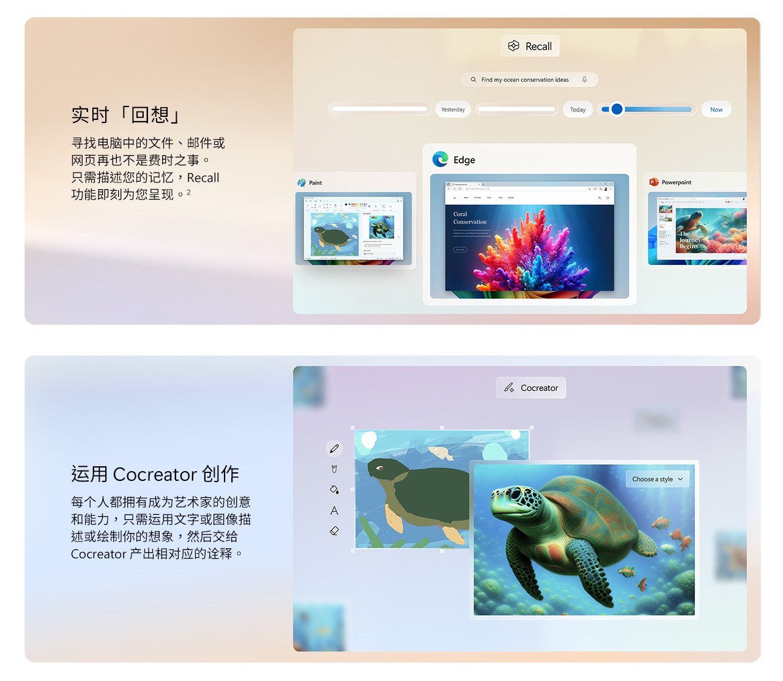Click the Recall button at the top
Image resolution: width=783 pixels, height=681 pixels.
pyautogui.click(x=530, y=46)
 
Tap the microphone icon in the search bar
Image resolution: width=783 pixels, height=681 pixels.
pyautogui.click(x=584, y=80)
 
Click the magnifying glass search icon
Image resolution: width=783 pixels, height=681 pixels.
pyautogui.click(x=473, y=80)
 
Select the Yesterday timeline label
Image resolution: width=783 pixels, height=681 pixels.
pyautogui.click(x=453, y=110)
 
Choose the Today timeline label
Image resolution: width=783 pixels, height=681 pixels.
pyautogui.click(x=577, y=110)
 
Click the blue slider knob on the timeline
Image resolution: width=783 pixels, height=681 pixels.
pyautogui.click(x=617, y=110)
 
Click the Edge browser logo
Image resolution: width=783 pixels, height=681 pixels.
pyautogui.click(x=440, y=160)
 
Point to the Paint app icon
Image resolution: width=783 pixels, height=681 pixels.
pyautogui.click(x=302, y=182)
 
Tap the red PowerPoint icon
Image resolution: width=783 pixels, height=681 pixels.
pyautogui.click(x=653, y=182)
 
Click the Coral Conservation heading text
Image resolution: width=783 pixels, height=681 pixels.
pyautogui.click(x=470, y=218)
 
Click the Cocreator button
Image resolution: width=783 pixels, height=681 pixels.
pyautogui.click(x=531, y=388)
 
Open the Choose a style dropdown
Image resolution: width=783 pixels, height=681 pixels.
pyautogui.click(x=657, y=479)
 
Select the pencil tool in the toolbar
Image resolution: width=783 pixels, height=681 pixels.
pyautogui.click(x=334, y=449)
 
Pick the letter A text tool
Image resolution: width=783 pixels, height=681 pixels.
pyautogui.click(x=334, y=510)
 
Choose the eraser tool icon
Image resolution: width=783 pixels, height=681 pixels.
pyautogui.click(x=334, y=531)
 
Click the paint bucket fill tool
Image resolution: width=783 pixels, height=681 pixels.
pyautogui.click(x=334, y=489)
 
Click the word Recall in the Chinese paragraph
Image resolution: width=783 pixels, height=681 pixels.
pyautogui.click(x=203, y=178)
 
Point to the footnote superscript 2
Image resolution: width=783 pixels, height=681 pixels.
pyautogui.click(x=188, y=192)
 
